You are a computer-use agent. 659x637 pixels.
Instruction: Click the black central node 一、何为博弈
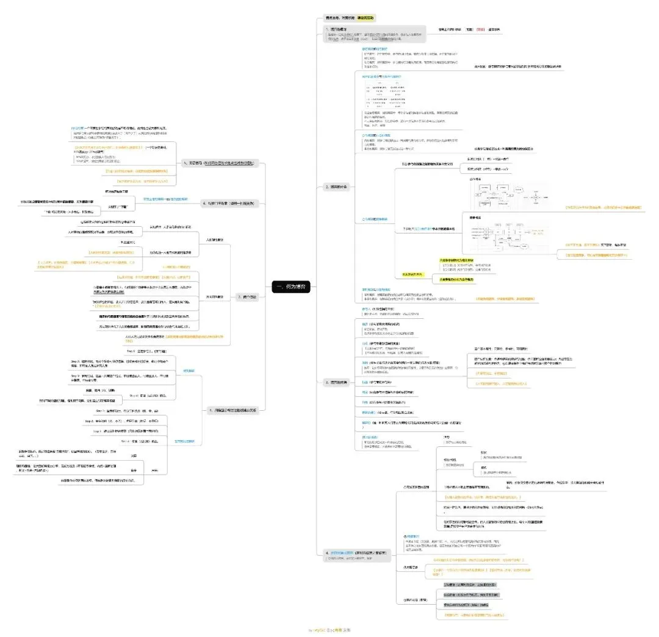(291, 286)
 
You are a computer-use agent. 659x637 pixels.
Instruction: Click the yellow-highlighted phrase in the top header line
(367, 18)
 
